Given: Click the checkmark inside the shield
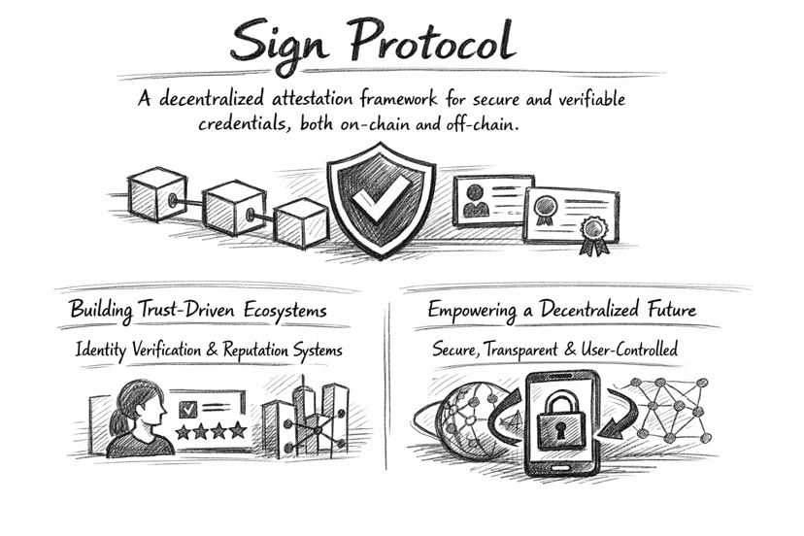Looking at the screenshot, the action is (371, 201).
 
